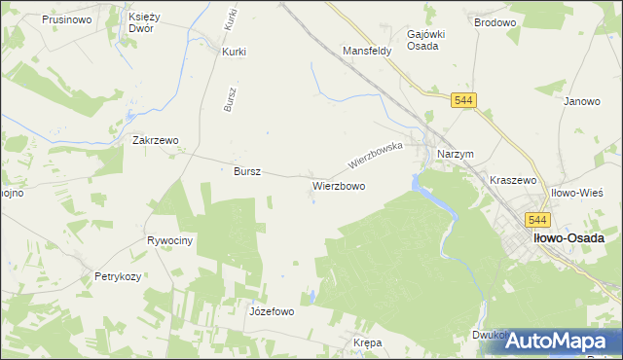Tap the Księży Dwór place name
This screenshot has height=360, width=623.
(x=148, y=22)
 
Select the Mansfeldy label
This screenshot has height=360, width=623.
(x=366, y=51)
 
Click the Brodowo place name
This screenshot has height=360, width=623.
(x=494, y=21)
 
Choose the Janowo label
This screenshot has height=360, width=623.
(x=581, y=101)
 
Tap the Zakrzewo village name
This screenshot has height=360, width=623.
(x=156, y=140)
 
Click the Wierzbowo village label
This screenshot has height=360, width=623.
(x=339, y=185)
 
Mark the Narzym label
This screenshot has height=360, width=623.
(x=455, y=155)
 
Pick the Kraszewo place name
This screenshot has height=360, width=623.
(x=514, y=181)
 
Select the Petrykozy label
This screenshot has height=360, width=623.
(x=118, y=276)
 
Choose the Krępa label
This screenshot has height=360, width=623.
(x=368, y=343)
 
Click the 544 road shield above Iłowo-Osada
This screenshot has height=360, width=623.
(x=537, y=221)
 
